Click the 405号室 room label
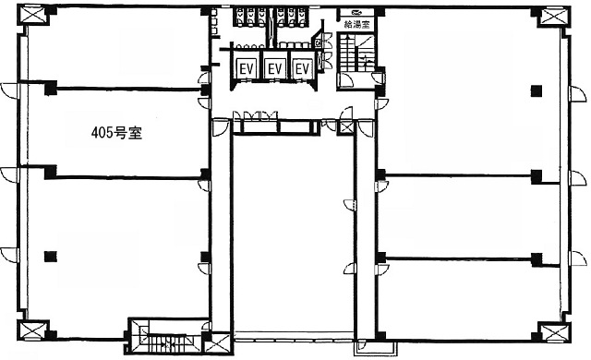click(117, 133)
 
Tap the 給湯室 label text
click(356, 25)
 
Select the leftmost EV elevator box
click(247, 69)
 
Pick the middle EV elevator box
click(275, 69)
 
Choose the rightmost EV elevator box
click(303, 69)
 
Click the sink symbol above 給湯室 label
click(356, 12)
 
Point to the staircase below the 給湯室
click(356, 52)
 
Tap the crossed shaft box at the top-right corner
click(555, 17)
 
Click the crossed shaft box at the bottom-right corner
click(554, 333)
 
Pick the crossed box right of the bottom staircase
click(219, 343)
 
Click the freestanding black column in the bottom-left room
click(50, 257)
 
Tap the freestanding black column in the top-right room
click(537, 90)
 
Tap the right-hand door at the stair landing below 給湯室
click(378, 78)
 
